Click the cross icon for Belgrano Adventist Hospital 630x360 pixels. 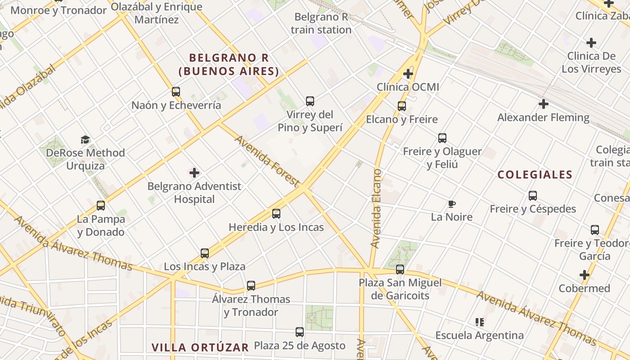point(194,173)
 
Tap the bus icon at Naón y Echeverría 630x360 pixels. point(176,92)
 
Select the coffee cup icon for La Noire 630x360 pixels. point(452,204)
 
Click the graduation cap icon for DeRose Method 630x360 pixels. point(85,139)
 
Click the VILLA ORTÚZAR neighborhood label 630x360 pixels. point(200,347)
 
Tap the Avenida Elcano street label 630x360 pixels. point(376,208)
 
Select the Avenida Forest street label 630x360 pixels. point(267,161)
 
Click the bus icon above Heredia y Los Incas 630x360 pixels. point(276,214)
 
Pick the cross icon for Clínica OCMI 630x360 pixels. point(408,73)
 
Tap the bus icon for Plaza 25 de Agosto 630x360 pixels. point(300,332)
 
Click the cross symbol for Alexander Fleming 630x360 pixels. point(544,104)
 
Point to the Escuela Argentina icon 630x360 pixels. point(479,322)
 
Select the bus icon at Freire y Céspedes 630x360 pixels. point(533,196)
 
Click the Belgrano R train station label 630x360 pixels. point(321,23)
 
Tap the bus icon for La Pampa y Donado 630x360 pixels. point(101,206)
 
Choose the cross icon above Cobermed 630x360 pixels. point(585,274)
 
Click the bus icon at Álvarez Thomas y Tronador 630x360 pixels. point(251,285)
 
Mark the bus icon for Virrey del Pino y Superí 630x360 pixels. point(310,101)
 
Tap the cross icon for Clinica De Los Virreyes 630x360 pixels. point(591,43)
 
